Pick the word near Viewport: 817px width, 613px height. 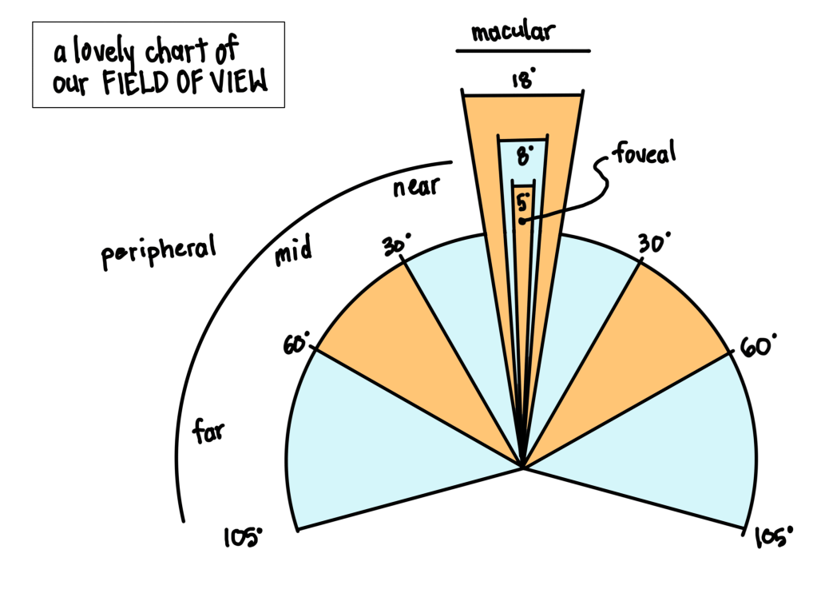coord(416,187)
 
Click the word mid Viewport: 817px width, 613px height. coord(293,253)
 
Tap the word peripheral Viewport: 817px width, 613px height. coord(159,253)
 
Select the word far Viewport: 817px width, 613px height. coord(208,432)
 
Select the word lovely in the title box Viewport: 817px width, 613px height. coord(105,54)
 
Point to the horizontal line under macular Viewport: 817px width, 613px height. coord(523,51)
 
